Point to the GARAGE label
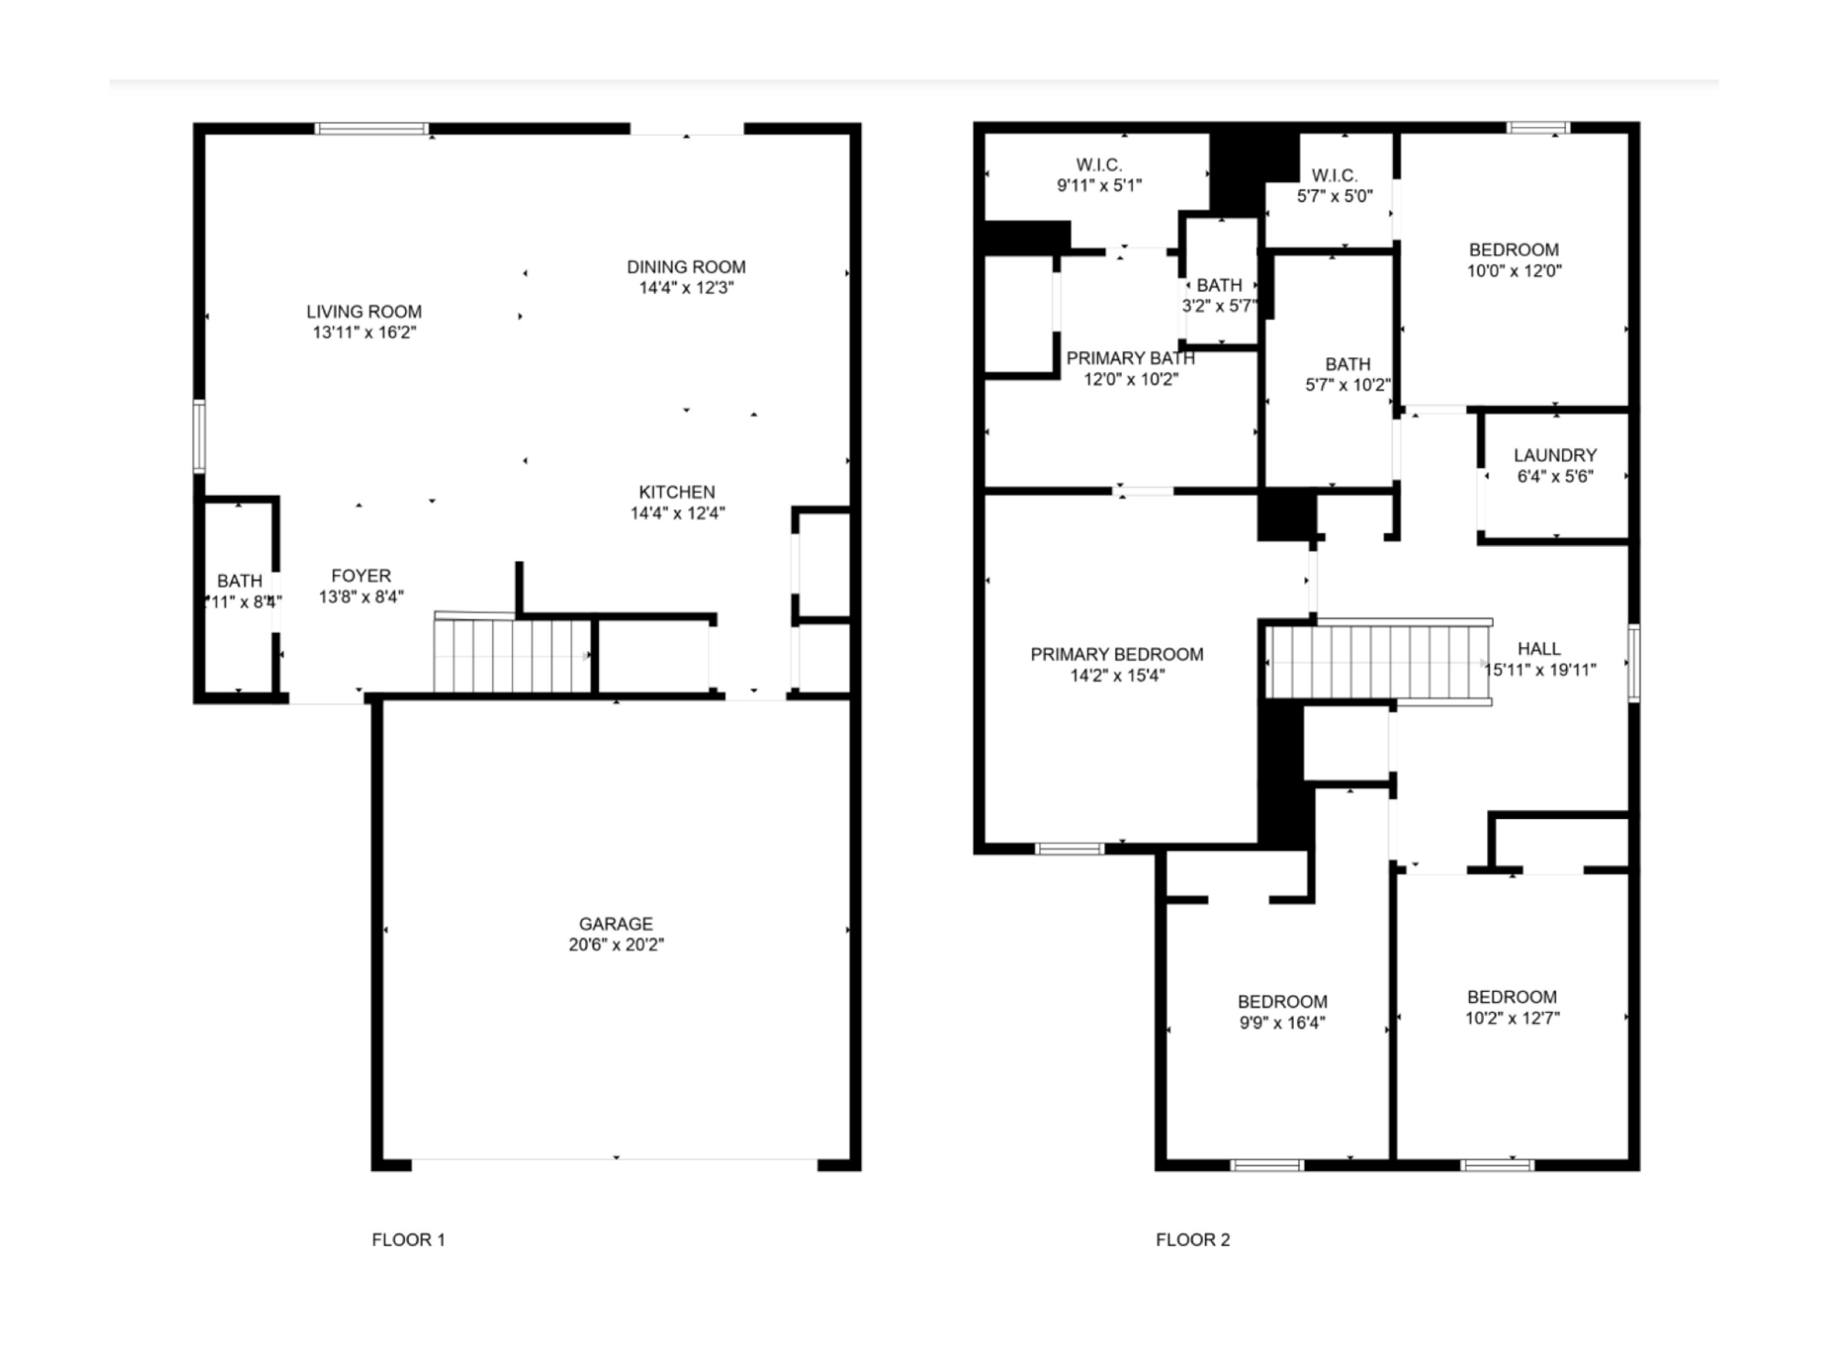coord(616,924)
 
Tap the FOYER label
coord(361,576)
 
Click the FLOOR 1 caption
coord(408,1240)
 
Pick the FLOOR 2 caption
coord(1192,1240)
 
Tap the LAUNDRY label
coord(1554,455)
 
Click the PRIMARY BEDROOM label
coord(1116,655)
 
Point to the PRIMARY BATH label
coord(1130,358)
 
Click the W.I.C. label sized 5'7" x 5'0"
coord(1335,175)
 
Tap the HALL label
coord(1539,649)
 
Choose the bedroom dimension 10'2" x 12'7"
coord(1511,1018)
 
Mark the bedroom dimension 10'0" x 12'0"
coord(1514,271)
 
